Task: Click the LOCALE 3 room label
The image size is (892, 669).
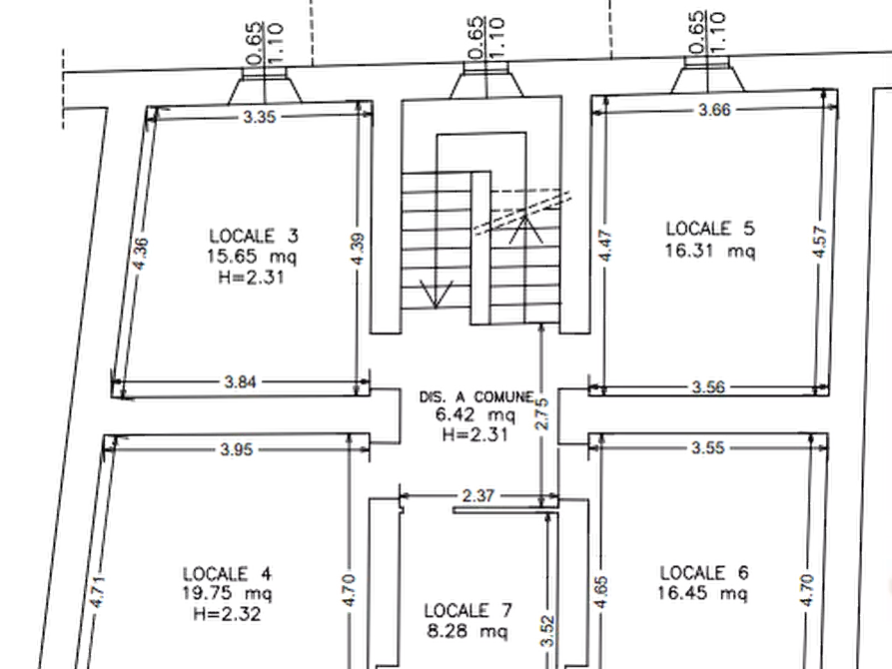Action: pos(253,236)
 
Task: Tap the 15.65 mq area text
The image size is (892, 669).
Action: pos(252,256)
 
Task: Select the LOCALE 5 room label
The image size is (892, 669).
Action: pos(710,229)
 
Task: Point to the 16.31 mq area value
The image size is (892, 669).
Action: pos(710,251)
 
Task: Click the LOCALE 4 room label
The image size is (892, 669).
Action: pos(227,573)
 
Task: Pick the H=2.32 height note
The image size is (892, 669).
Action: pos(227,614)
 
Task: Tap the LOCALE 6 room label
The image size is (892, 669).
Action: pos(703,572)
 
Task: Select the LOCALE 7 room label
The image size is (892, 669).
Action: pos(467,611)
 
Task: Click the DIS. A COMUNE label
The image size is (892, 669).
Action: pos(476,396)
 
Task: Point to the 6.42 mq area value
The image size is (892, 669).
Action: pos(475,414)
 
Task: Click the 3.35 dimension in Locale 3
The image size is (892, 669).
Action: pos(260,117)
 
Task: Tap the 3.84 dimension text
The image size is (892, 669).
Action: pos(240,382)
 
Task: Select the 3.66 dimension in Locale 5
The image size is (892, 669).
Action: pos(714,109)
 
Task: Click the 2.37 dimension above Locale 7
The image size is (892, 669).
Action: pos(477,496)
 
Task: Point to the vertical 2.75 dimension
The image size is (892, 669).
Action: pos(542,413)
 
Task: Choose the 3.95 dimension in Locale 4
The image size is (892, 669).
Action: pos(236,450)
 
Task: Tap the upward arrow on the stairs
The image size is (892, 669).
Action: pos(525,230)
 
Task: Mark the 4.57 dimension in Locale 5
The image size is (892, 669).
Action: pos(820,242)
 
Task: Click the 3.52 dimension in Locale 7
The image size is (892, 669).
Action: pos(547,630)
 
